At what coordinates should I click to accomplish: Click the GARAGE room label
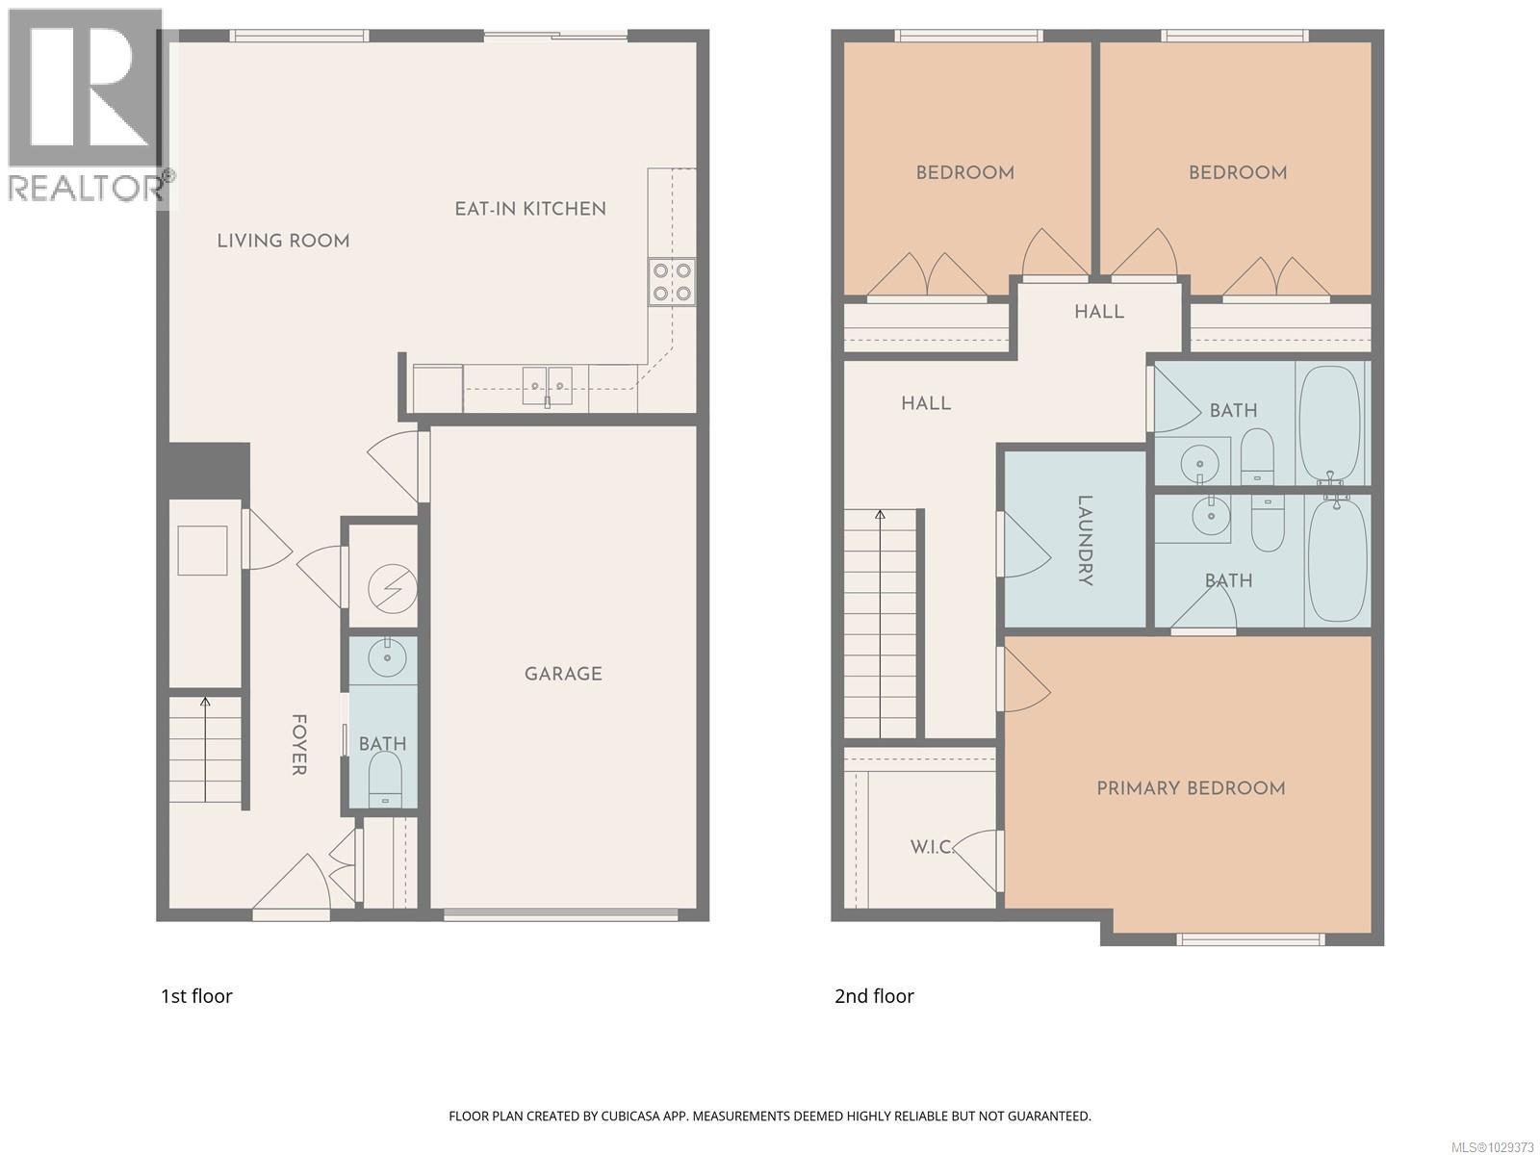[x=563, y=674]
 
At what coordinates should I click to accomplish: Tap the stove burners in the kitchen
[x=671, y=282]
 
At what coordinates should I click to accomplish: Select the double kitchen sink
[x=548, y=386]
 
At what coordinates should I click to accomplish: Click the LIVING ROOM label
[x=283, y=241]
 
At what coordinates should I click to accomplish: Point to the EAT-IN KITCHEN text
[x=530, y=209]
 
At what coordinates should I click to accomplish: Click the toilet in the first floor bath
[x=385, y=776]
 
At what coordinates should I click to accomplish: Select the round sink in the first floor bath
[x=389, y=657]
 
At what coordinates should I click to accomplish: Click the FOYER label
[x=299, y=744]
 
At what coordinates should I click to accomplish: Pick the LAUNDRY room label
[x=1084, y=540]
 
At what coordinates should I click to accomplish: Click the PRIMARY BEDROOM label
[x=1191, y=788]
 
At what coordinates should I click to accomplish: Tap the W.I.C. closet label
[x=932, y=847]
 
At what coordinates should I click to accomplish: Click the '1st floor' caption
[x=196, y=996]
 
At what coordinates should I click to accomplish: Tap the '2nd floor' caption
[x=874, y=996]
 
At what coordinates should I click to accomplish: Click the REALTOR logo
[x=87, y=106]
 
